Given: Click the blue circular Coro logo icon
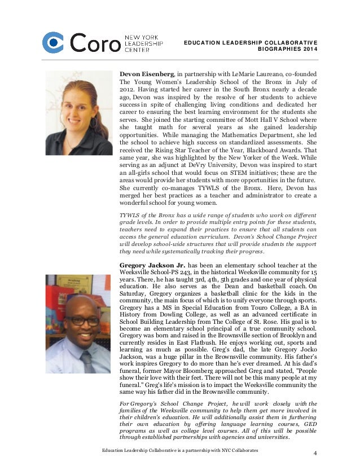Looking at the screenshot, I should coord(54,42).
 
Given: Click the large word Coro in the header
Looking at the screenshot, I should coord(95,43).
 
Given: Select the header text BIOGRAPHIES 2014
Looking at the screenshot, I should coord(287,53).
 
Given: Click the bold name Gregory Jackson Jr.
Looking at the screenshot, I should coord(153,265).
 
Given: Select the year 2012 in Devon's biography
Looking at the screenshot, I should coord(128,90).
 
